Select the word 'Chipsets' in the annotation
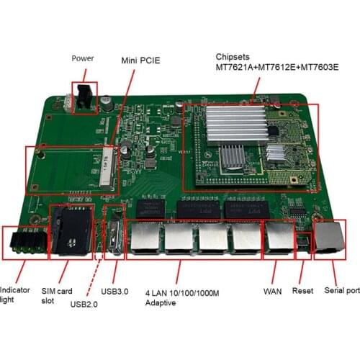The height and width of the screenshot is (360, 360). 233,57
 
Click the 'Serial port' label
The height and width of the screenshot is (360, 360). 341,291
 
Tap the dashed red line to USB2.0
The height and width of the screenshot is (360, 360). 92,274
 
